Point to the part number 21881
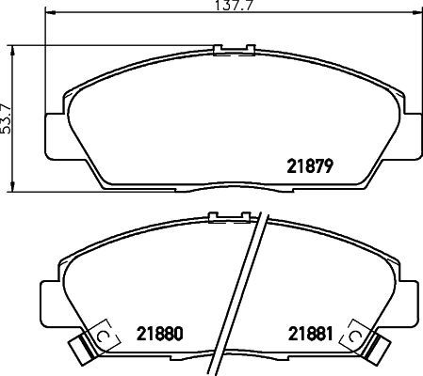(x=308, y=332)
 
